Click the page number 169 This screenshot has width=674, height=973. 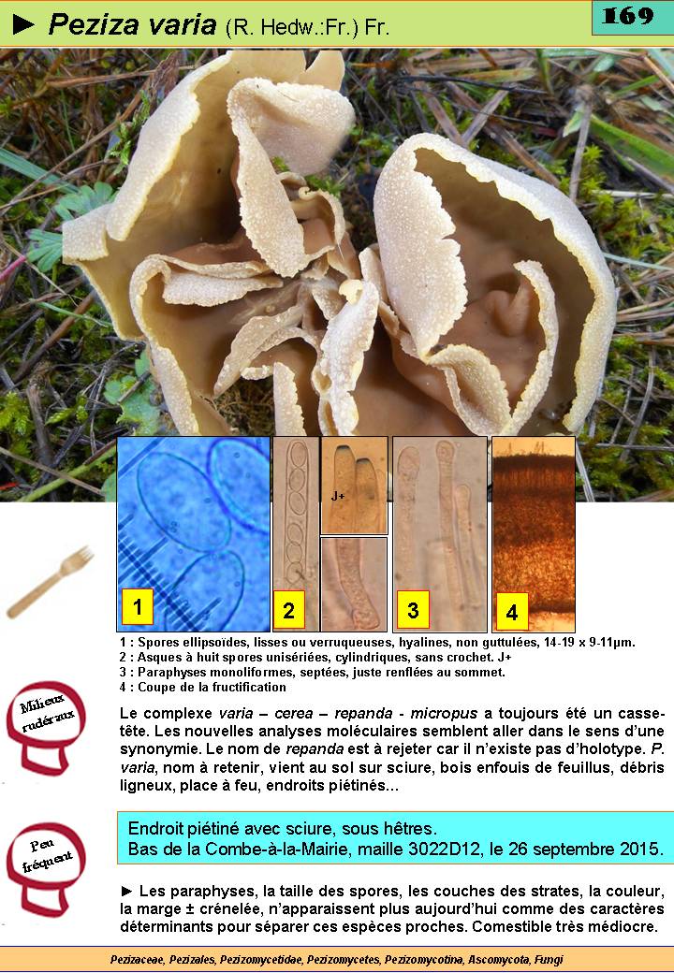pyautogui.click(x=628, y=16)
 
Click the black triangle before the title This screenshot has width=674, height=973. pyautogui.click(x=23, y=24)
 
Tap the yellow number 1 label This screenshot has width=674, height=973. pyautogui.click(x=138, y=606)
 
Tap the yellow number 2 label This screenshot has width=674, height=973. pyautogui.click(x=288, y=610)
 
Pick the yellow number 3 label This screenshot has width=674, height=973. pyautogui.click(x=414, y=610)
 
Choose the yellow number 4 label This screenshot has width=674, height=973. pyautogui.click(x=512, y=613)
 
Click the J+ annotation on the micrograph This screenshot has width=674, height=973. pyautogui.click(x=338, y=496)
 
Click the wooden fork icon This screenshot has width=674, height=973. pyautogui.click(x=51, y=581)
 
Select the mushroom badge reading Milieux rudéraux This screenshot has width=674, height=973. pyautogui.click(x=47, y=727)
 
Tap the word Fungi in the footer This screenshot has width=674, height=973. pyautogui.click(x=549, y=959)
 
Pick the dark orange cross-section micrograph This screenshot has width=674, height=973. pyautogui.click(x=534, y=533)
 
